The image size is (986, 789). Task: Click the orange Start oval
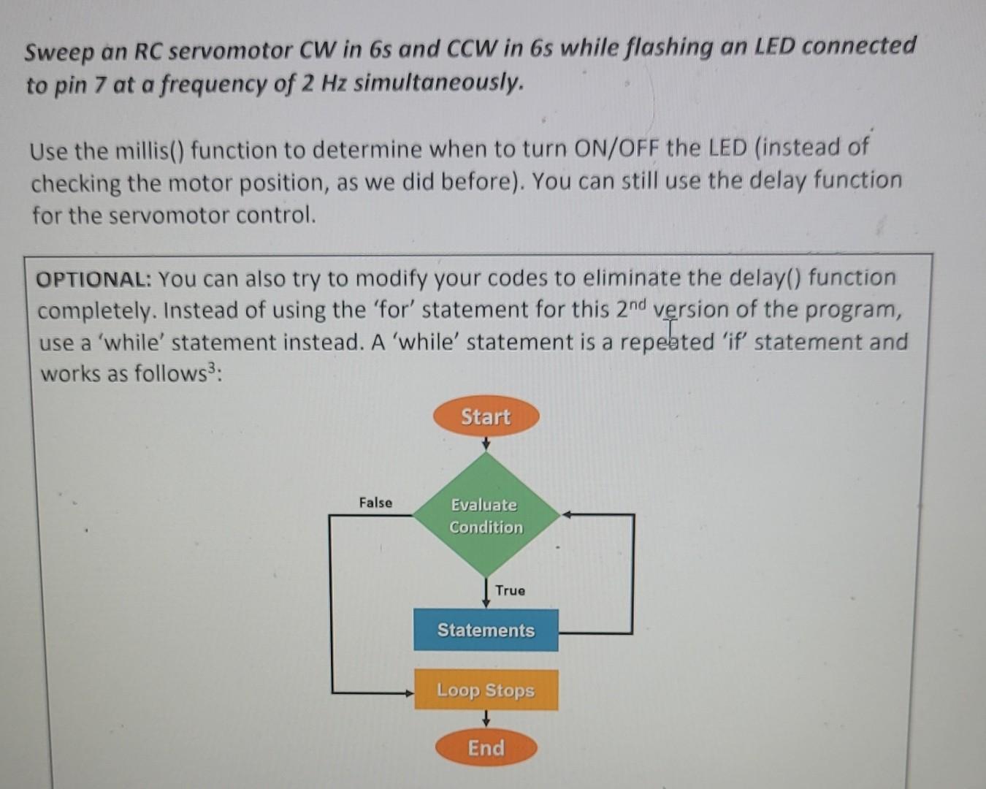tap(486, 417)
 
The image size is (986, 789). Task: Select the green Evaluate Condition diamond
tap(486, 516)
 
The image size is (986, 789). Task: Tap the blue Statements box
tap(486, 630)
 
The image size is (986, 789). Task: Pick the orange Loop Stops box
tap(486, 690)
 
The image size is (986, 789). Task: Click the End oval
tap(486, 748)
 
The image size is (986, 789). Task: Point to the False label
tap(375, 503)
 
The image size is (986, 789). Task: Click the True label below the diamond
tap(510, 590)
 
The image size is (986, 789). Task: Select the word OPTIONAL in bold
tap(92, 279)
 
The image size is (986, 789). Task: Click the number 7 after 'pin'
tap(100, 85)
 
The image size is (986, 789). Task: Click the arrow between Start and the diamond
tap(486, 443)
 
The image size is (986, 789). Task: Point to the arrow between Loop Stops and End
tap(486, 720)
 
